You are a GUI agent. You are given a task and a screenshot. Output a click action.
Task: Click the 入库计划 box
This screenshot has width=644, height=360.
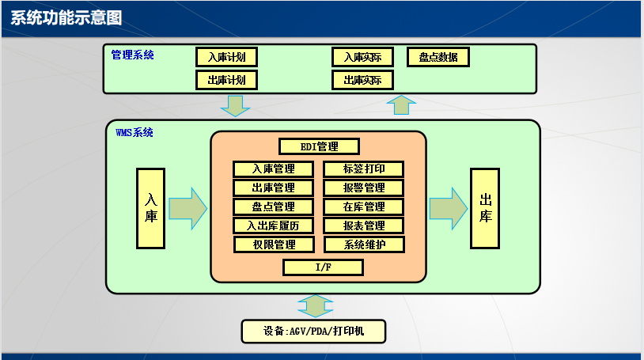click(227, 57)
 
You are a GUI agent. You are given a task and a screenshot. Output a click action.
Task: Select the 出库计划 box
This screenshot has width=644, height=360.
click(227, 80)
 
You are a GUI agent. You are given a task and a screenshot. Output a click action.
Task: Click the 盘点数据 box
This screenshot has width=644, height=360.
click(438, 57)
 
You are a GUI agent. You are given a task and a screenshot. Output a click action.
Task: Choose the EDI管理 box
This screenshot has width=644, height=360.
click(320, 146)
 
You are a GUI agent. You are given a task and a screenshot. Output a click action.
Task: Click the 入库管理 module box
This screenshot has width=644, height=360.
click(274, 169)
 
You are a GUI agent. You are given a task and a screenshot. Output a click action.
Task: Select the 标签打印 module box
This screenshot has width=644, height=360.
click(364, 169)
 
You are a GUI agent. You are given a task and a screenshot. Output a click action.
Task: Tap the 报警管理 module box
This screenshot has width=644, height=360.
click(364, 188)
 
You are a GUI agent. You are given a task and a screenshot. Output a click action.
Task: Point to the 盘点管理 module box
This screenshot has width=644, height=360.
click(274, 207)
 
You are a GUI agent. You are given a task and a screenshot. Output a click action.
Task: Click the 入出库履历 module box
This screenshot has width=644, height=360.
click(274, 225)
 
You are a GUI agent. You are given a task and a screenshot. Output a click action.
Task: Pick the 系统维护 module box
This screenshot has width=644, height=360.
click(364, 244)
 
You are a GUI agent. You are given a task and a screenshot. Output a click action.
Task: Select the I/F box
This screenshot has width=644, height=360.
click(323, 267)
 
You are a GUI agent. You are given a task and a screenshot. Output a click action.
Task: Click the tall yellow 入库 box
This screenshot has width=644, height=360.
click(150, 207)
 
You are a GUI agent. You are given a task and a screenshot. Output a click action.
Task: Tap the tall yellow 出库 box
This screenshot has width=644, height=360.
click(485, 207)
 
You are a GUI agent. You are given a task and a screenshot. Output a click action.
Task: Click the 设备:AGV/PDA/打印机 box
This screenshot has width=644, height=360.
click(313, 331)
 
